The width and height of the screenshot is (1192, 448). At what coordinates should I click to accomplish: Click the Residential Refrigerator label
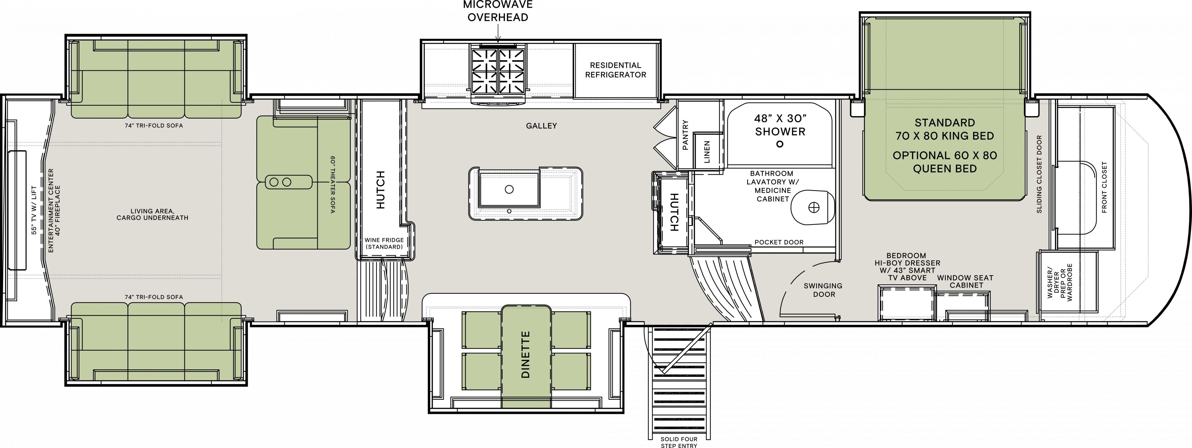coord(616,70)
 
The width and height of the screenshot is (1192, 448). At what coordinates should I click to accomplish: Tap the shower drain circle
coord(780,144)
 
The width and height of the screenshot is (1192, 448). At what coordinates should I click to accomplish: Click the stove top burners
coord(498,72)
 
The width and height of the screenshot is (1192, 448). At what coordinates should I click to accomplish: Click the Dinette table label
coord(525,355)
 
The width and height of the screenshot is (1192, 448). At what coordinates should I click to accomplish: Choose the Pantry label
coord(685,135)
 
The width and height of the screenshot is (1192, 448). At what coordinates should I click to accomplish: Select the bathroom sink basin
coord(813,208)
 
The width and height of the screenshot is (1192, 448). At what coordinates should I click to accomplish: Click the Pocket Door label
coord(779,242)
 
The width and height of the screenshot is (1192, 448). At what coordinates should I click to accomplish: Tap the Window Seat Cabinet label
coord(965,281)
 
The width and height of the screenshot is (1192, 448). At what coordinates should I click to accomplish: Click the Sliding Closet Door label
coord(1039,174)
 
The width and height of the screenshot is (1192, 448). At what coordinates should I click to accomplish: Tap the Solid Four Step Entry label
coord(679,442)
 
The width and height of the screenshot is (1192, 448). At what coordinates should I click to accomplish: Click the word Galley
coord(541,125)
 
